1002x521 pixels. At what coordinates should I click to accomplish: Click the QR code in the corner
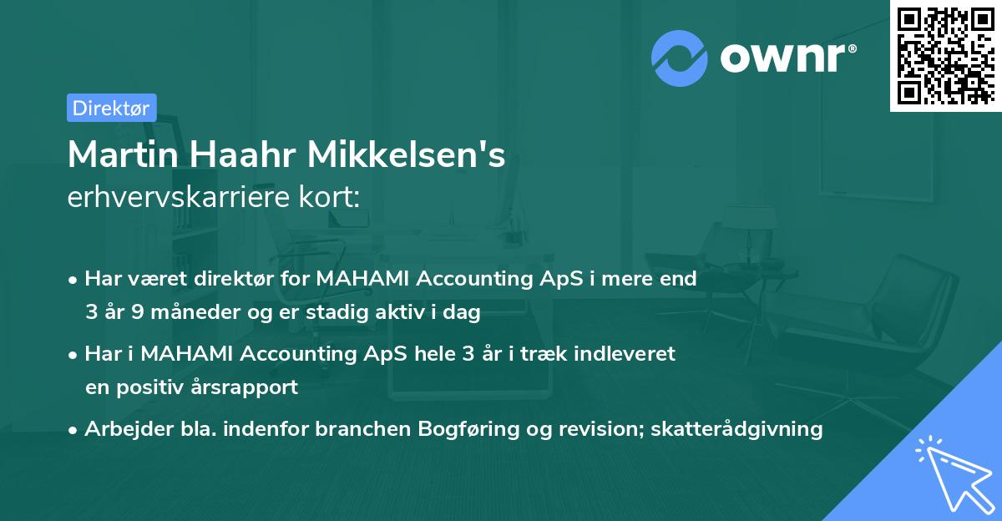click(945, 55)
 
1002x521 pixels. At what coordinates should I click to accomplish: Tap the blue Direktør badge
click(111, 108)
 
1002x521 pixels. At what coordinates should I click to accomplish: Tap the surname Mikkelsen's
click(407, 154)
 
